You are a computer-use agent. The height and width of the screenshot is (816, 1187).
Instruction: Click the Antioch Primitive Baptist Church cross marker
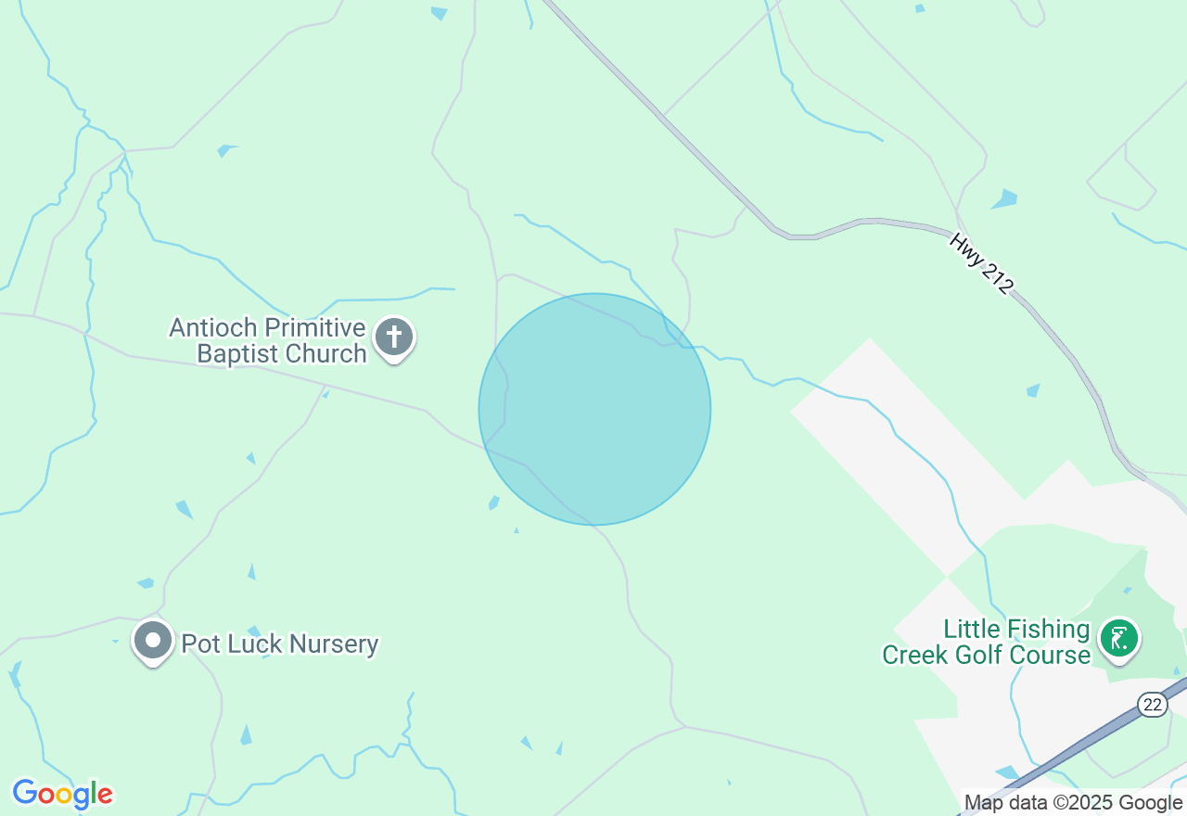pos(394,338)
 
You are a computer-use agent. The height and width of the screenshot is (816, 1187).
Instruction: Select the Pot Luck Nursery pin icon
pos(153,641)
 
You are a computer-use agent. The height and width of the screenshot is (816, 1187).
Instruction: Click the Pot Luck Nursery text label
pos(280,644)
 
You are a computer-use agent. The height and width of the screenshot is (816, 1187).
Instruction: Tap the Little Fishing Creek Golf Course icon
pos(1119,639)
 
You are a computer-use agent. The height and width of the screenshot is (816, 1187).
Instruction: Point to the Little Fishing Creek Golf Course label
pos(986,643)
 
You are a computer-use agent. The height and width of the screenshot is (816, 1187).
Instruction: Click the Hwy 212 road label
pos(980,264)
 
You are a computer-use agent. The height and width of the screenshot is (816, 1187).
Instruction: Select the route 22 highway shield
pos(1153,705)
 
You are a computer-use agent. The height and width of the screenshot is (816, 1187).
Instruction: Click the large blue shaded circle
pos(594,409)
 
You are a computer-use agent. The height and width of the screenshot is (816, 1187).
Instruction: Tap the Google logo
pos(62,794)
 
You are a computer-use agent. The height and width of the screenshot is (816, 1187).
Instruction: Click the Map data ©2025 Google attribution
pos(1073,803)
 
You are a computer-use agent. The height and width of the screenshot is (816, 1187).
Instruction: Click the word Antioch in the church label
pos(213,328)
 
